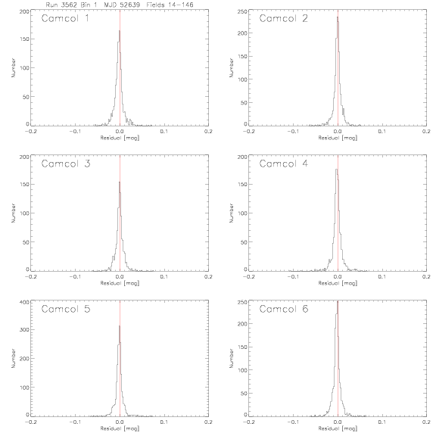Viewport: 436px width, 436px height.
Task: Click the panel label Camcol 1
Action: [65, 18]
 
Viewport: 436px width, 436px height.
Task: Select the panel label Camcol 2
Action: [283, 18]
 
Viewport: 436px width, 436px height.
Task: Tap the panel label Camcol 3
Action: [66, 163]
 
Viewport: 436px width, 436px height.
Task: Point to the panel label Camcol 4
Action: [284, 163]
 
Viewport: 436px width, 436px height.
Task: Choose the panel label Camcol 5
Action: [66, 309]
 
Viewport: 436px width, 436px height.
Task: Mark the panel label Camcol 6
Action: [284, 309]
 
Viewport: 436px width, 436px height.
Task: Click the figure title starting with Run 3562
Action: [120, 5]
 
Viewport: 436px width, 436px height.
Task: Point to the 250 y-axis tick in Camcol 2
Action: [243, 11]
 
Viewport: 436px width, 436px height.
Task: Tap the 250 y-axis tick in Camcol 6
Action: [243, 302]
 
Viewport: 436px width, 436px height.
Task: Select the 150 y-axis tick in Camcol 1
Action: [24, 39]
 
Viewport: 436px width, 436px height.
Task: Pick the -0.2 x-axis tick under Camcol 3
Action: [30, 277]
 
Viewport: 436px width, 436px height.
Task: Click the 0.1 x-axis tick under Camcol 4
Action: [382, 277]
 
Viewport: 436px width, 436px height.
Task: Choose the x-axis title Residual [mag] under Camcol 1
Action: [120, 138]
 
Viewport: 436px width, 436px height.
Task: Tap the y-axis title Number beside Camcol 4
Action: [232, 213]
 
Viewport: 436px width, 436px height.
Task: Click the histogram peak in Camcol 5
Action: [120, 326]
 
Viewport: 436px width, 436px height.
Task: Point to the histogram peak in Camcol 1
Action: [120, 31]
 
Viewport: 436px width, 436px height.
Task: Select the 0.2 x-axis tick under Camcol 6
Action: [426, 422]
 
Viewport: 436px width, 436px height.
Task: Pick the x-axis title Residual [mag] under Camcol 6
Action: [338, 428]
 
